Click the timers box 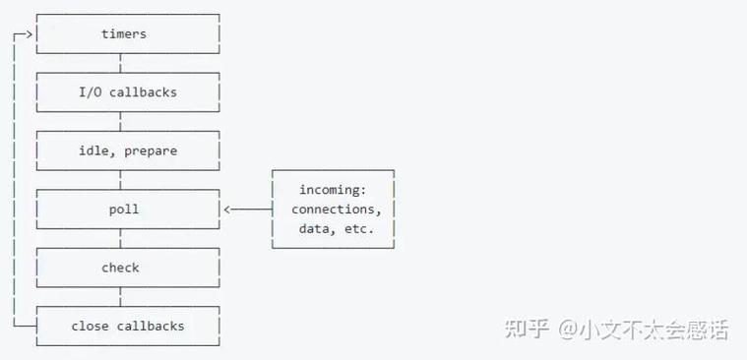click(124, 34)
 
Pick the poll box click(124, 210)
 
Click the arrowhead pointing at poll click(228, 210)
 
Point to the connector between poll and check click(121, 239)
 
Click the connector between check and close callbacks click(121, 297)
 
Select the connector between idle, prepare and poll click(121, 180)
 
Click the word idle click(94, 150)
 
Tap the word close click(89, 326)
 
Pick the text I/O click(91, 92)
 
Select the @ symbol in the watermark click(571, 330)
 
